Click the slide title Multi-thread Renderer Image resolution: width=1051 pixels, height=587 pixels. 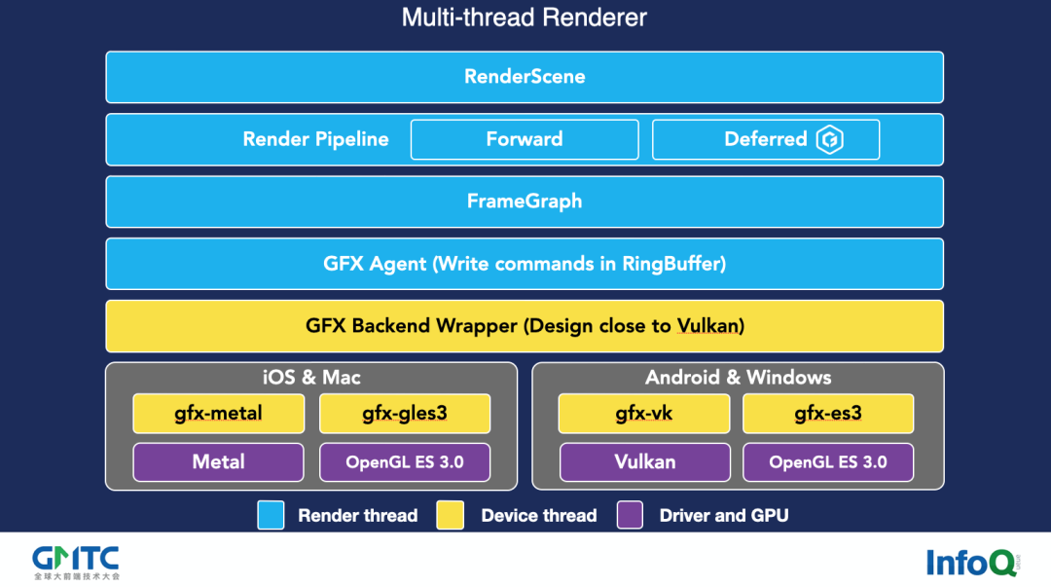tap(525, 18)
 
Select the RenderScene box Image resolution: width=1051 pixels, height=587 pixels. tap(525, 77)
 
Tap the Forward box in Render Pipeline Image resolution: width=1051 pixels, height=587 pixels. tap(525, 139)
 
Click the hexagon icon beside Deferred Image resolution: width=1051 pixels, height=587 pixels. tap(829, 139)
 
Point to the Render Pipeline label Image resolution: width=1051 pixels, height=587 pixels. tap(315, 139)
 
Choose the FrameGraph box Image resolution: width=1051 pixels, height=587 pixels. tap(525, 202)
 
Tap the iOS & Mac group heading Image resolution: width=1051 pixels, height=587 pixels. tap(311, 378)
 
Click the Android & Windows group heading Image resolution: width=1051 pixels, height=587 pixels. tap(738, 378)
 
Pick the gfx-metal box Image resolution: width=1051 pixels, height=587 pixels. tap(218, 414)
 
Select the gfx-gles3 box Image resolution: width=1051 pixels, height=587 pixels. tap(405, 414)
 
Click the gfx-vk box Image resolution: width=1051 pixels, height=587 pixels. tap(644, 414)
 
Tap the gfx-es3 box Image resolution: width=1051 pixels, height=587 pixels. tap(828, 414)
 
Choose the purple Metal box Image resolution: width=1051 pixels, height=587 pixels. tap(218, 462)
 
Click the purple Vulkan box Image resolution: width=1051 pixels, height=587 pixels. tap(644, 462)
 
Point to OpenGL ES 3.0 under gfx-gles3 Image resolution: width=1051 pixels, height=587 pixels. tap(405, 462)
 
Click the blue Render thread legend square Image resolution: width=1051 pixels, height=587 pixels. tap(272, 515)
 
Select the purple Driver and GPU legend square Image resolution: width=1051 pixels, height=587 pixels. tap(631, 515)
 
